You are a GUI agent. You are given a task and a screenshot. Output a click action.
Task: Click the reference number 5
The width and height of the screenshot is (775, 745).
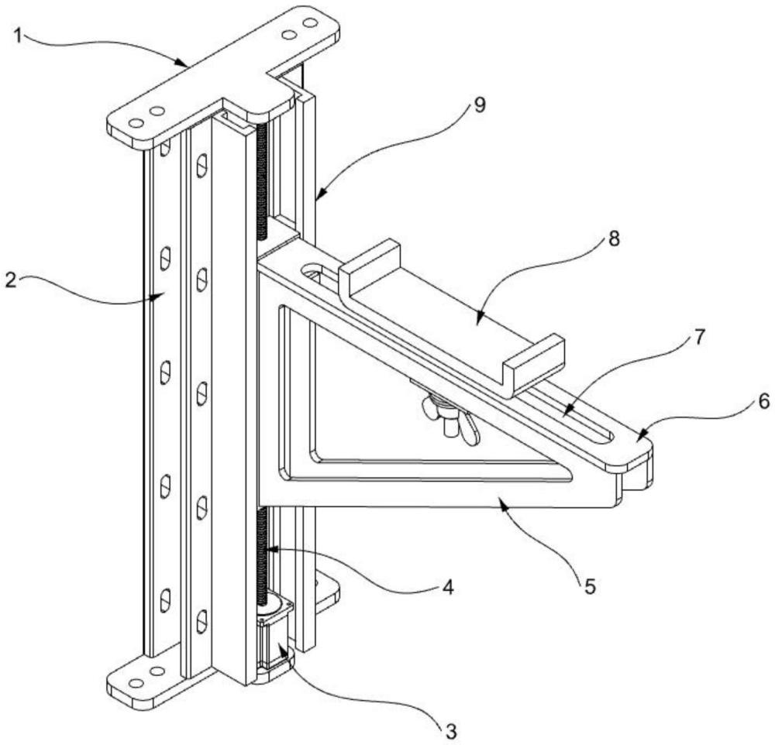point(590,586)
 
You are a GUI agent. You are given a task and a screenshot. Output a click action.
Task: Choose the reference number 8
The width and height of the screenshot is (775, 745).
point(613,239)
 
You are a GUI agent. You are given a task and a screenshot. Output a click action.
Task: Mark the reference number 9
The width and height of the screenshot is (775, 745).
point(480,105)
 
